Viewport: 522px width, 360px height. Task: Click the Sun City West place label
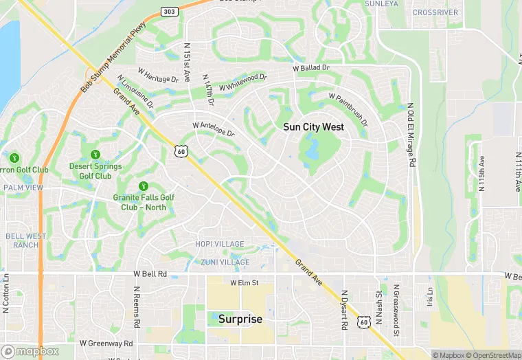click(x=313, y=127)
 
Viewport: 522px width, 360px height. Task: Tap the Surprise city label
click(x=240, y=319)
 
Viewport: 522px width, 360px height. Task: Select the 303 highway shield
click(x=168, y=11)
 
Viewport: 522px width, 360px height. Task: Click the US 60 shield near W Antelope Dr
click(x=180, y=151)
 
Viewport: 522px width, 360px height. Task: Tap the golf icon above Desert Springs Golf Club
click(x=95, y=155)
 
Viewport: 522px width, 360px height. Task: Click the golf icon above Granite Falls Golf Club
click(x=144, y=185)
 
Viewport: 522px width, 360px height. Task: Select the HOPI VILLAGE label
click(x=219, y=244)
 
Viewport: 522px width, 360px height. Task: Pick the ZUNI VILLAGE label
click(x=225, y=262)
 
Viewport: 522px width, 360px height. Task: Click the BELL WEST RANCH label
click(x=25, y=240)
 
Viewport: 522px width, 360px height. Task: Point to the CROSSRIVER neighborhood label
click(x=435, y=12)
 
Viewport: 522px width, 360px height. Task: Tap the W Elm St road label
click(x=244, y=282)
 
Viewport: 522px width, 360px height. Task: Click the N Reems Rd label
click(x=137, y=307)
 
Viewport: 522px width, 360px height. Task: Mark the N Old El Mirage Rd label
click(x=411, y=135)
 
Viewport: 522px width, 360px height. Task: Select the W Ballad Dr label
click(x=311, y=68)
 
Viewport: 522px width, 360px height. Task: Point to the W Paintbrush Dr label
click(x=348, y=110)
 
